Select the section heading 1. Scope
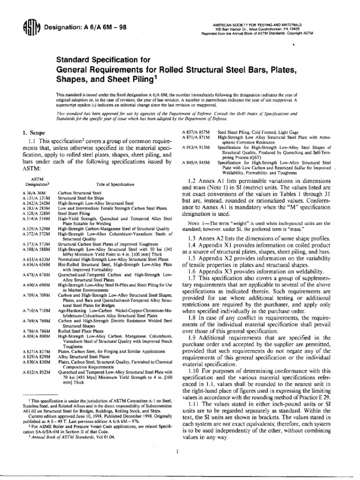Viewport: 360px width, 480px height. pos(34,133)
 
